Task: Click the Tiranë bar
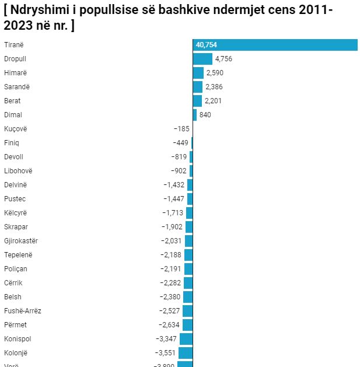[275, 45]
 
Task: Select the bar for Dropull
[202, 59]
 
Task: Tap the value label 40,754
[207, 45]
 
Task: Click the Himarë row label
[16, 73]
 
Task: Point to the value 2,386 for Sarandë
[214, 87]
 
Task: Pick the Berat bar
[197, 101]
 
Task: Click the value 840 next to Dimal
[205, 115]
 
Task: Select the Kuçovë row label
[16, 129]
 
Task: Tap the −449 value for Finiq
[180, 143]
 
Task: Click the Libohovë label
[18, 171]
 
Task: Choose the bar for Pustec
[190, 199]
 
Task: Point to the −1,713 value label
[173, 213]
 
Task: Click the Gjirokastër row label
[21, 241]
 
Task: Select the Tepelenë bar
[188, 255]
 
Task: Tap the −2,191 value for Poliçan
[171, 269]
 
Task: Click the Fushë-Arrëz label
[22, 311]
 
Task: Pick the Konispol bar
[186, 339]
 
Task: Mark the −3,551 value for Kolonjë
[166, 353]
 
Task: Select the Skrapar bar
[189, 227]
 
